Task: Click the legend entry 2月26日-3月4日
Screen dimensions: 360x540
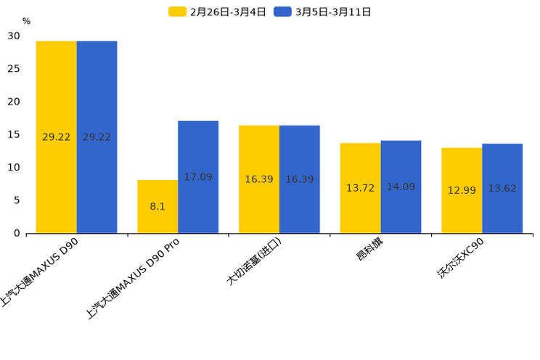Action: (x=218, y=12)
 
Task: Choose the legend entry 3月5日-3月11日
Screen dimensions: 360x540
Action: (x=323, y=12)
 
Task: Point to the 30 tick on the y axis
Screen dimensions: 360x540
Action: (x=14, y=36)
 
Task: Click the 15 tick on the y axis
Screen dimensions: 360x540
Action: (x=14, y=134)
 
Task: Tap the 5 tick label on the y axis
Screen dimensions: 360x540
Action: (x=17, y=200)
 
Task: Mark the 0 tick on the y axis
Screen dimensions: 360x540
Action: (x=17, y=233)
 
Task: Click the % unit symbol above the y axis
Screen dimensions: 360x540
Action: (x=26, y=21)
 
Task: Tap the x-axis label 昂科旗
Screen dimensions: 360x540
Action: (x=369, y=249)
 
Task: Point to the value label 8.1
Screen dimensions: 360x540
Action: (x=157, y=207)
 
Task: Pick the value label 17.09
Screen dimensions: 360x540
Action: (x=198, y=177)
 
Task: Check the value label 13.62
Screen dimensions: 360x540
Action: (x=502, y=189)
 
